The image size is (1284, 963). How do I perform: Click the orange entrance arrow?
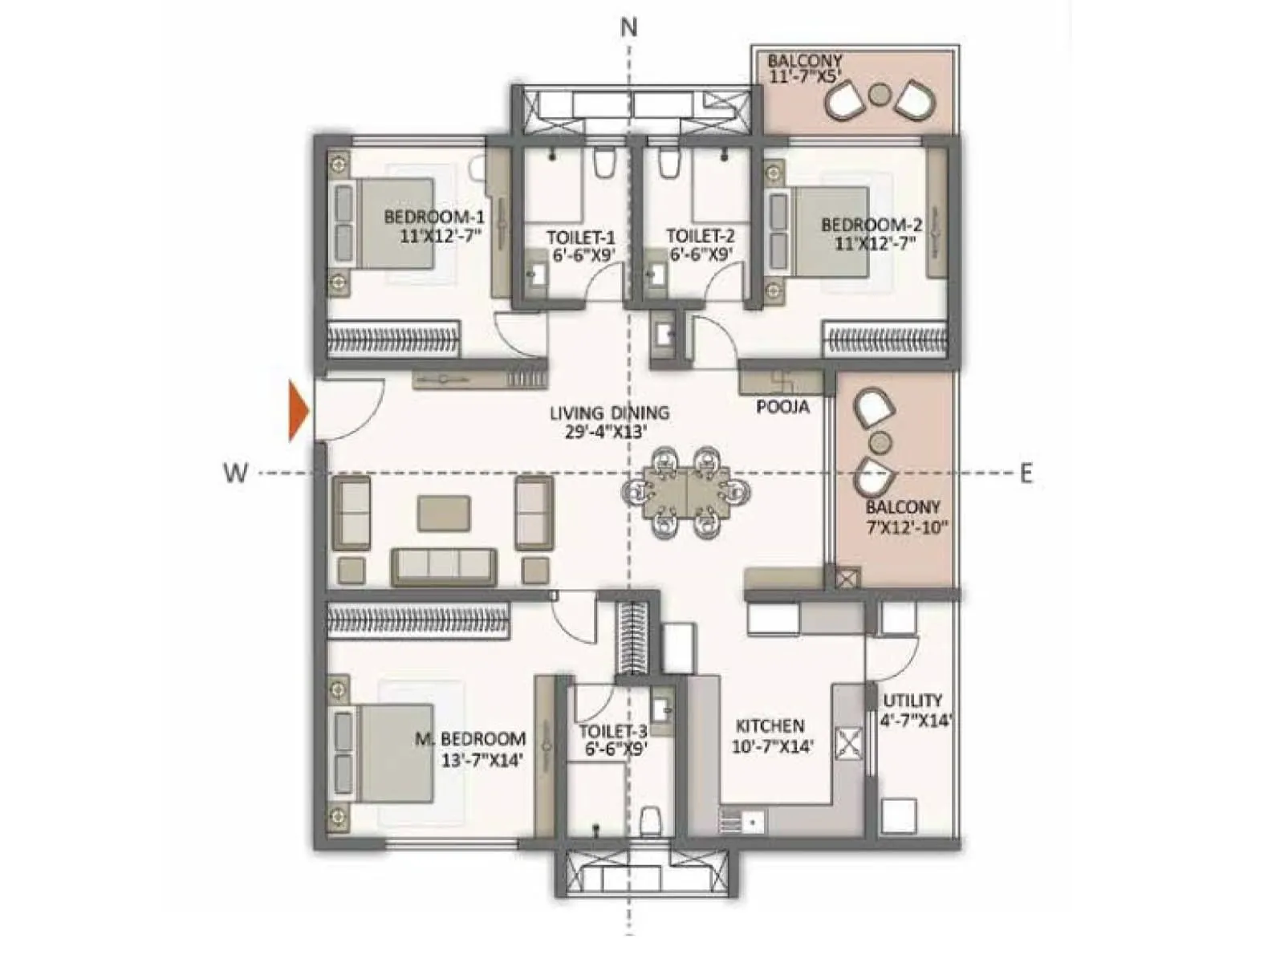298,412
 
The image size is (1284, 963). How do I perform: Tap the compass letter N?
629,28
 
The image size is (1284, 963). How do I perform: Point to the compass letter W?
235,473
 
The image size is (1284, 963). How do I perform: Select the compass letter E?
1026,473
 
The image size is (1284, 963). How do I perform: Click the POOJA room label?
782,408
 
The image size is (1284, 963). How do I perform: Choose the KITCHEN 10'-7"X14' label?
770,735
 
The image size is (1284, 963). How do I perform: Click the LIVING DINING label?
609,422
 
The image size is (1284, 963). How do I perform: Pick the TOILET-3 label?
614,739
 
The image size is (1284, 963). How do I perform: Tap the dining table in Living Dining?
687,491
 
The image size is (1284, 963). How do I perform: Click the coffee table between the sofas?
444,513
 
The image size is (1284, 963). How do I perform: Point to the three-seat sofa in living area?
444,566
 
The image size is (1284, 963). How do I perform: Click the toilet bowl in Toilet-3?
651,820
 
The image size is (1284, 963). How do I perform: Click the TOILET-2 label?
700,245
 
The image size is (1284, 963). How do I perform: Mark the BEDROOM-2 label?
871,233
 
